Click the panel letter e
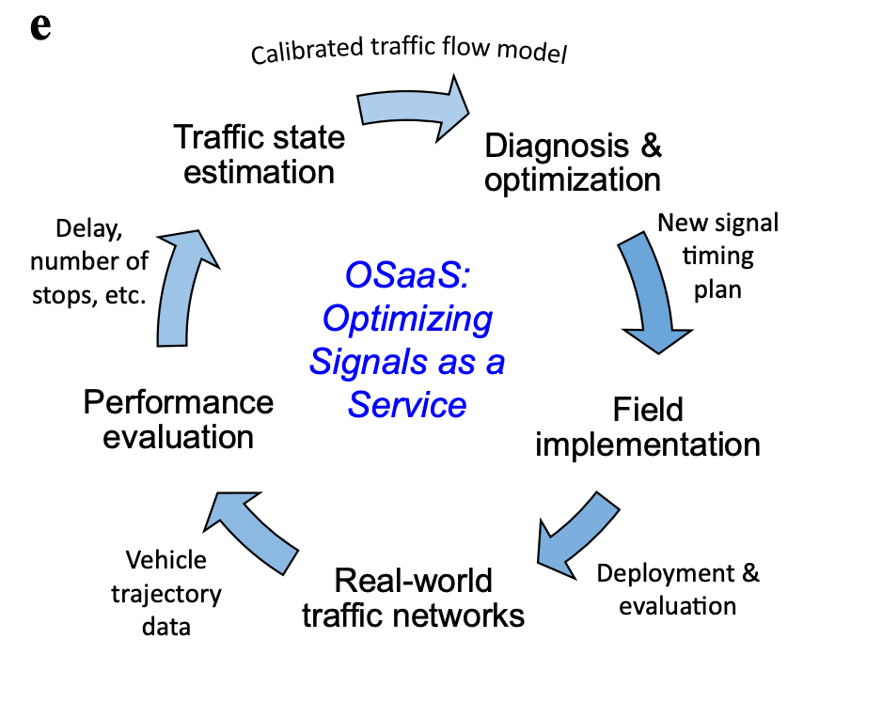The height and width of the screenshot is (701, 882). [x=39, y=27]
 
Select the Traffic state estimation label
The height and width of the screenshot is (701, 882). [x=260, y=154]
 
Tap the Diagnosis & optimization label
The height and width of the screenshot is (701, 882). [x=573, y=162]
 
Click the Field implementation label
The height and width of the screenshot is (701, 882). [x=648, y=427]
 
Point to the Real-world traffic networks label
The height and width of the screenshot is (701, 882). [x=413, y=598]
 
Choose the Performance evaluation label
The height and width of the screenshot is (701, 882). [x=179, y=420]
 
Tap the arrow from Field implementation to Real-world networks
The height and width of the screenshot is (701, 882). [x=575, y=536]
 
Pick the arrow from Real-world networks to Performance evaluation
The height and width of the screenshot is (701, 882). [x=255, y=528]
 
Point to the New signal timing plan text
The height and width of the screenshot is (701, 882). [x=718, y=256]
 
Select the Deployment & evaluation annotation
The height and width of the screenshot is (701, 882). [x=678, y=588]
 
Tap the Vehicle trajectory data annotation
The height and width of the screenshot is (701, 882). [x=166, y=593]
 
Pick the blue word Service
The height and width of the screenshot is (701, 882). [x=407, y=404]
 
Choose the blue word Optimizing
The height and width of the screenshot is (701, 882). [x=406, y=319]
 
